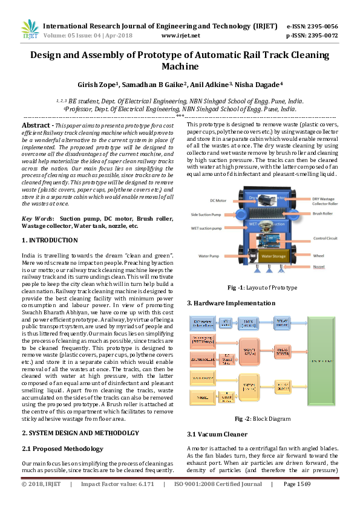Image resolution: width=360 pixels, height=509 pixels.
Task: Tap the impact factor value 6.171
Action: click(143, 484)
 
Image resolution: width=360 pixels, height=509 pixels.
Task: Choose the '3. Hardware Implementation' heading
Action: click(231, 303)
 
